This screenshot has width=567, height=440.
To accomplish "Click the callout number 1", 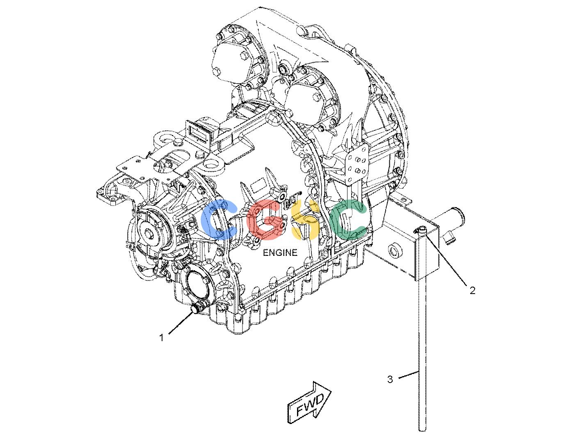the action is click(162, 338).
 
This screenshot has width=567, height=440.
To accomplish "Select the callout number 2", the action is click(473, 290).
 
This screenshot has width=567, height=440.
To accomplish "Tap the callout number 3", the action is click(390, 379).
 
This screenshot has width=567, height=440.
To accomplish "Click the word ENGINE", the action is click(280, 253).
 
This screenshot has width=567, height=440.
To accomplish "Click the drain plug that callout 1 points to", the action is click(197, 308).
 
